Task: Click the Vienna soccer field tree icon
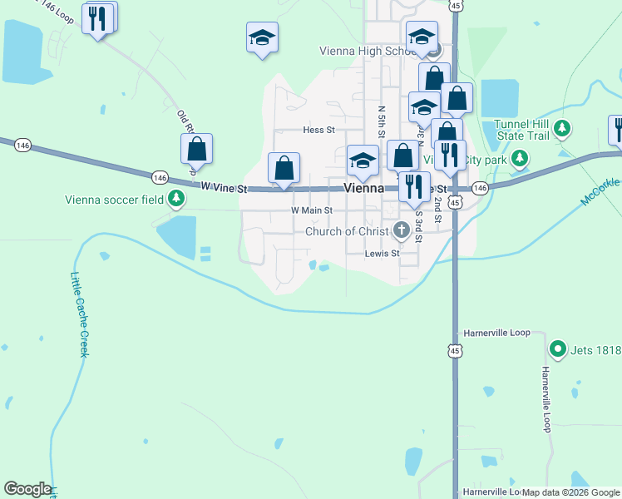tap(176, 198)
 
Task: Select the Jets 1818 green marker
tap(558, 349)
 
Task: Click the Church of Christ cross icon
tap(401, 230)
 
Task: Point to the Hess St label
tap(318, 130)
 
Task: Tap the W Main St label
tap(311, 211)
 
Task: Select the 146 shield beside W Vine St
tap(160, 177)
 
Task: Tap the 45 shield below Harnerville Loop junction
tap(454, 353)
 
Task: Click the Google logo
tap(27, 489)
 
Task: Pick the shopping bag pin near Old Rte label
tap(197, 150)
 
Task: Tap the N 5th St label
tap(381, 121)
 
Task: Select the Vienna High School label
tap(367, 51)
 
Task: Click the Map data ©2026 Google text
tap(570, 492)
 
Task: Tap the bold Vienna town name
tap(363, 188)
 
